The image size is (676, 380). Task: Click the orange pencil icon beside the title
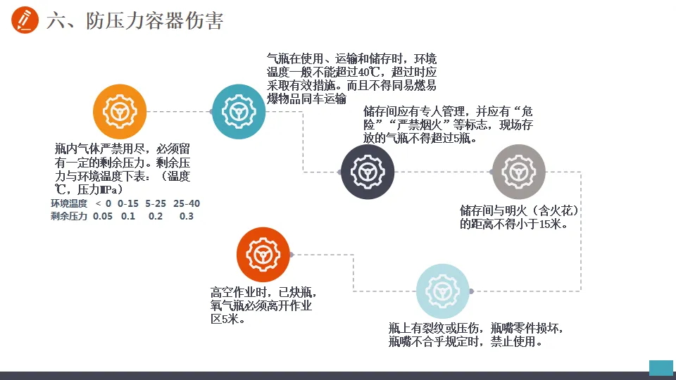(x=25, y=20)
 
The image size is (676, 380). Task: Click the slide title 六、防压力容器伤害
(x=134, y=21)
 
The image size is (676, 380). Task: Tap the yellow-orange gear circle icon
(x=120, y=111)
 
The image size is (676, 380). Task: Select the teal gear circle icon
(x=239, y=111)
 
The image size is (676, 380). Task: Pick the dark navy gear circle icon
(x=367, y=172)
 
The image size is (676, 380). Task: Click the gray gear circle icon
(x=518, y=172)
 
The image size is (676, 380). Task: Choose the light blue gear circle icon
(x=443, y=291)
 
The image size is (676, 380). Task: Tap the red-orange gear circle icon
(x=263, y=255)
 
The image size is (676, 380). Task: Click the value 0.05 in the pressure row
(x=103, y=216)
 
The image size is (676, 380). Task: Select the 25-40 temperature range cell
(x=187, y=203)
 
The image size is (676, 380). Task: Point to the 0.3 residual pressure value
(x=186, y=216)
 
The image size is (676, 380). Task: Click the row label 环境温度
(x=69, y=203)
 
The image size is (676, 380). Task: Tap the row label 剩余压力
(x=69, y=216)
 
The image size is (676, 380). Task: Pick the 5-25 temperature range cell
(x=156, y=203)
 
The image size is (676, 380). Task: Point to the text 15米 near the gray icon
(x=544, y=224)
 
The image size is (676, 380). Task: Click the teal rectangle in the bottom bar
(x=661, y=367)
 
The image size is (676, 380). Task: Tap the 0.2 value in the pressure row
(x=156, y=216)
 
